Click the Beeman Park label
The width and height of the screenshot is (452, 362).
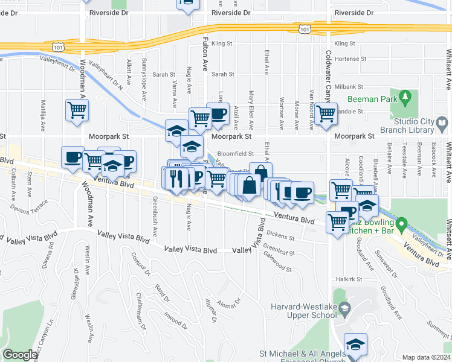(x=370, y=99)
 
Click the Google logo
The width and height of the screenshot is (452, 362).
(x=20, y=355)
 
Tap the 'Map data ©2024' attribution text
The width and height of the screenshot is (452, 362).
(x=426, y=357)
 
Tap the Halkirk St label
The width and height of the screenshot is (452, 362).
(x=349, y=279)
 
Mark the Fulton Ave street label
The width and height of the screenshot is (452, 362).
(x=204, y=57)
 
